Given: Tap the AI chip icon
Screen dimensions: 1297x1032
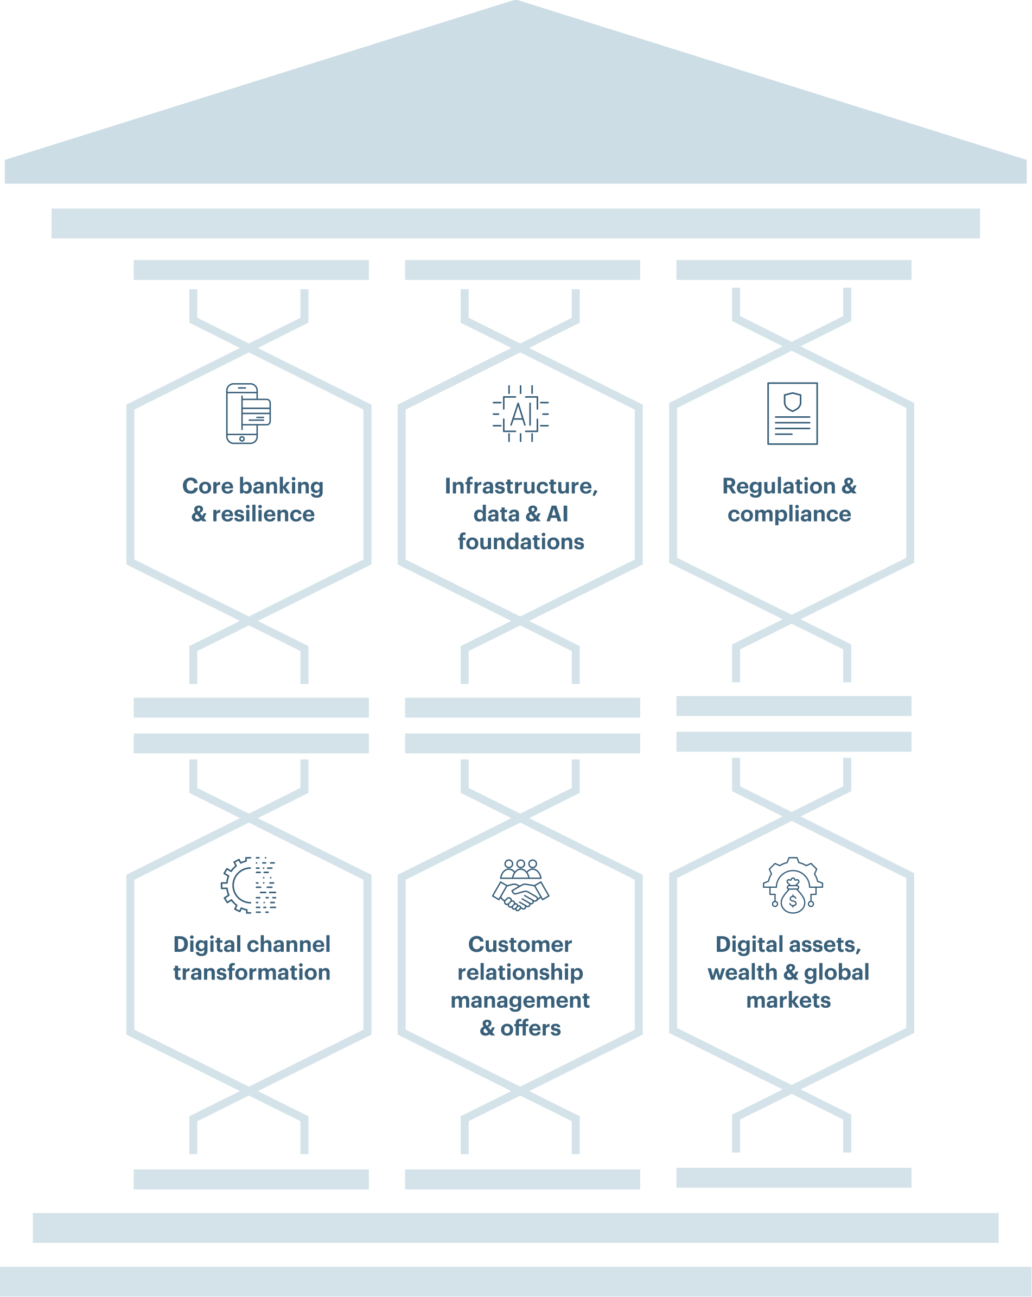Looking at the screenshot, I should coord(520,414).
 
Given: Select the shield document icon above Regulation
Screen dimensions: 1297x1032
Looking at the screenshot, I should coord(792,414).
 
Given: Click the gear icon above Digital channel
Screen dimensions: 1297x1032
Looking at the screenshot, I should coord(248,885).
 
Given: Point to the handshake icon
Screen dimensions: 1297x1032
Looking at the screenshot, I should coord(520,885).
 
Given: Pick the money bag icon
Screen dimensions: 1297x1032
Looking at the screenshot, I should coord(793,886).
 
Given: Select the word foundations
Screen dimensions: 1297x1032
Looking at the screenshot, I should coord(521,542).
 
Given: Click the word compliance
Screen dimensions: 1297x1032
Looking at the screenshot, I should coord(789,514).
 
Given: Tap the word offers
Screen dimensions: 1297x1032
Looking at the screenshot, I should coord(531,1029).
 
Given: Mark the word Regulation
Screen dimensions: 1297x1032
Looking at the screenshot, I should coord(778,486).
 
